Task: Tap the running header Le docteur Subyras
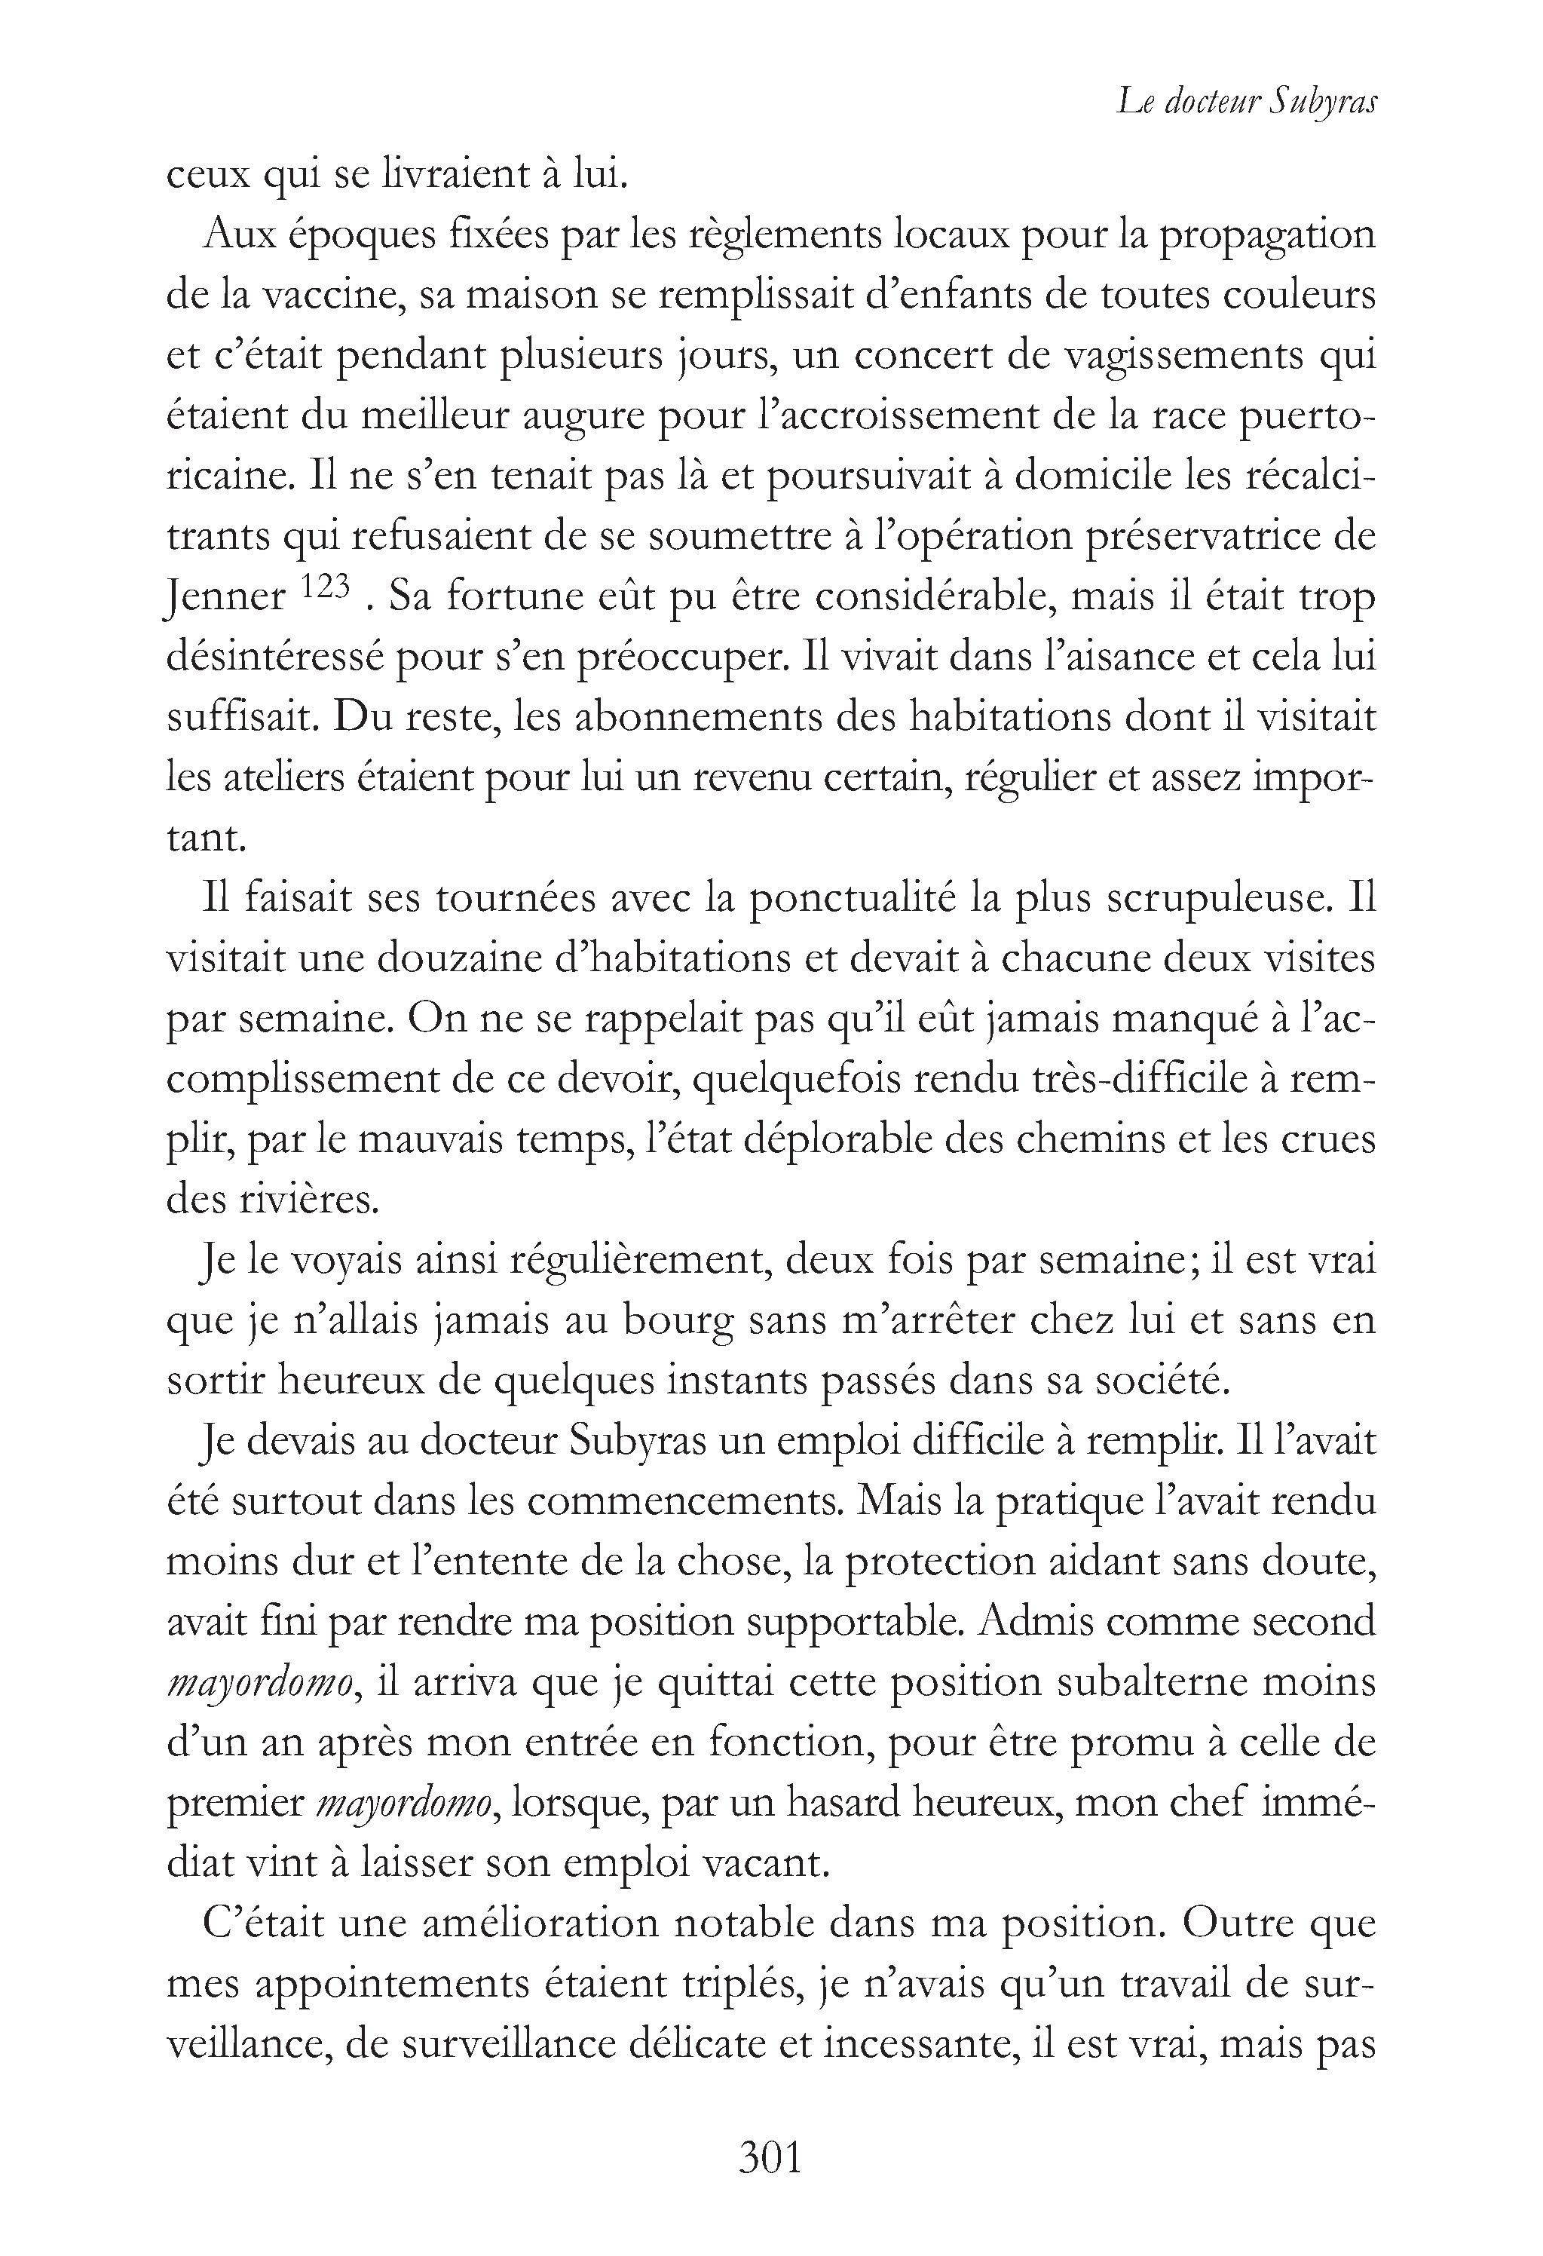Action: pos(1246,102)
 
